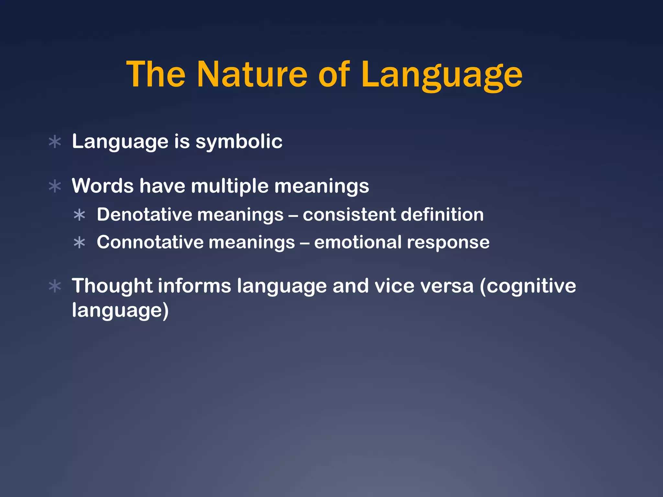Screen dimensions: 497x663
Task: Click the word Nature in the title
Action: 252,75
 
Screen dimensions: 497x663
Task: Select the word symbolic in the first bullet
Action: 239,142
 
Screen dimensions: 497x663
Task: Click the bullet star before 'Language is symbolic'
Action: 55,142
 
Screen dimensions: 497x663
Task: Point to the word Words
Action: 103,186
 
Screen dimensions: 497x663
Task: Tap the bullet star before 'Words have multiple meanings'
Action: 55,186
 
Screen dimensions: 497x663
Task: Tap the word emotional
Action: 357,242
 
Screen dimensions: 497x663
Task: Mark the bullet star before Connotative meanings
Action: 79,243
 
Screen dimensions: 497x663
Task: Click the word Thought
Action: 112,286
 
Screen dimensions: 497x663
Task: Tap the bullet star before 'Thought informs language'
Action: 55,286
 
